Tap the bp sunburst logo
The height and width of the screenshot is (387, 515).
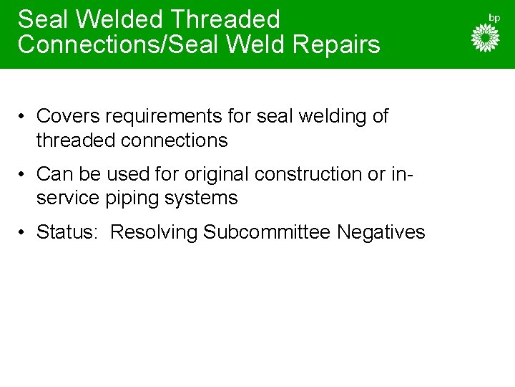[x=486, y=38]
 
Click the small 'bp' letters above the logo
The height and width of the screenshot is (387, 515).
[x=494, y=17]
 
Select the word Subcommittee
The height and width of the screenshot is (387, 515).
[x=267, y=232]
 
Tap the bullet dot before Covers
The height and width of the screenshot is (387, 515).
[x=24, y=117]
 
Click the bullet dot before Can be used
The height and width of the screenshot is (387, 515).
[x=24, y=174]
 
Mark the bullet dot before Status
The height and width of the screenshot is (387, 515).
[x=24, y=233]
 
